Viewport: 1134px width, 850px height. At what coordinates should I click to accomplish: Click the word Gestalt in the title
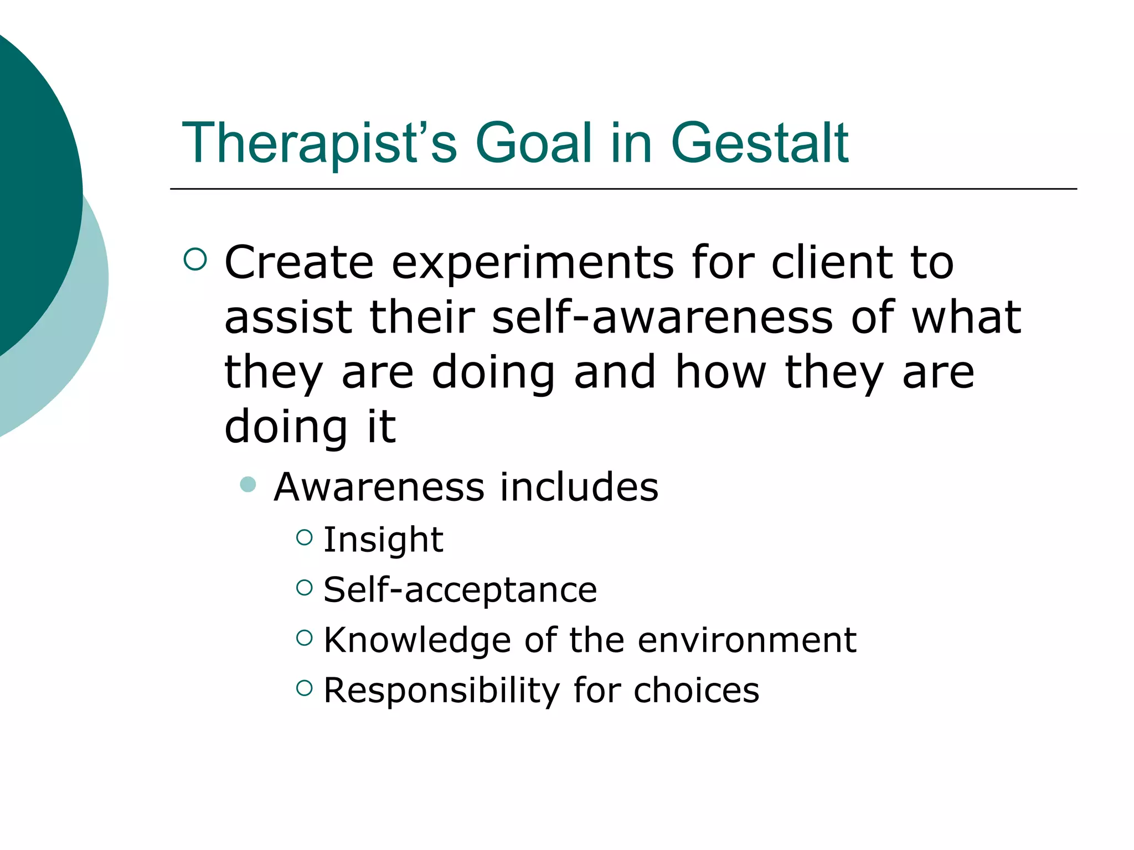click(x=759, y=143)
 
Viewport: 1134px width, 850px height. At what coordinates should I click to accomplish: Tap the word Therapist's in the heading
click(x=319, y=143)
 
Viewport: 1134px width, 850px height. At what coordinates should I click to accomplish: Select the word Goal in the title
click(x=534, y=143)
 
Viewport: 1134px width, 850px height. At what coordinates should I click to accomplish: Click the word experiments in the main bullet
click(x=533, y=263)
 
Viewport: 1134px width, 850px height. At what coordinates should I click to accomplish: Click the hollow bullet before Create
click(x=195, y=259)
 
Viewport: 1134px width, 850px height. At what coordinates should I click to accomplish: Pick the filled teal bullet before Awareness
click(x=248, y=485)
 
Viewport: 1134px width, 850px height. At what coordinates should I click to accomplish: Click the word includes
click(x=579, y=487)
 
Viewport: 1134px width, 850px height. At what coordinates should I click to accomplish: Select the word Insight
click(x=383, y=540)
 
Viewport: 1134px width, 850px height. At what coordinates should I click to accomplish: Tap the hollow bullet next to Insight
click(x=305, y=537)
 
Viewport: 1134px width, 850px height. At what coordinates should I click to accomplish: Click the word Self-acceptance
click(x=460, y=589)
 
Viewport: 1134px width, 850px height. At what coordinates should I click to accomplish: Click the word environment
click(x=747, y=640)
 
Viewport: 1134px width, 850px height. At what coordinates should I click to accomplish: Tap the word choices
click(x=696, y=691)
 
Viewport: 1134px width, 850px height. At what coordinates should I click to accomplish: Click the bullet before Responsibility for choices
click(x=305, y=688)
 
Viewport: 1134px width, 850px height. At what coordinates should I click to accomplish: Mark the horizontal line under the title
click(x=623, y=189)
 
